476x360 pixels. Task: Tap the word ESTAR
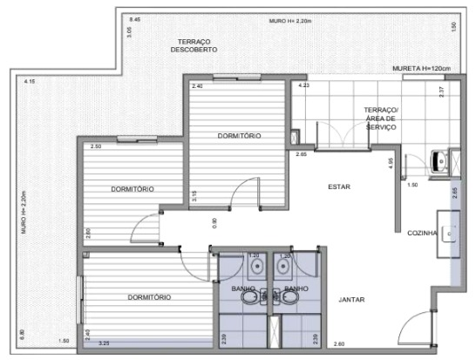(339, 187)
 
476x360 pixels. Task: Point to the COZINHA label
(428, 233)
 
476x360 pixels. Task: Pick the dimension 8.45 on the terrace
(133, 18)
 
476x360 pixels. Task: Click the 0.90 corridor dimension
(215, 222)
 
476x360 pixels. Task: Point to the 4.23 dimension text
(303, 86)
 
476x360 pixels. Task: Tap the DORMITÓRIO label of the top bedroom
(239, 136)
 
